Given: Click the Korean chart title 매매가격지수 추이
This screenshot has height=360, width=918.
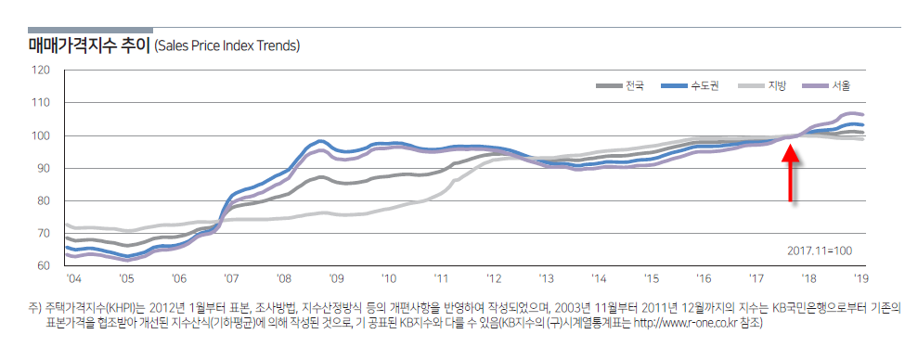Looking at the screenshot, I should click(89, 45).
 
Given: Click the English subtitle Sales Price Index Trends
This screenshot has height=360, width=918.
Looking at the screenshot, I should click(227, 45).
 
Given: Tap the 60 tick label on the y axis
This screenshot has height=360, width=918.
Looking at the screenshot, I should click(43, 266).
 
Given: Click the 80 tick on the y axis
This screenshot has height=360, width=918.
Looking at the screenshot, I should click(43, 201).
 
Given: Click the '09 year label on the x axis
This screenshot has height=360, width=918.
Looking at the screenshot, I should click(336, 277).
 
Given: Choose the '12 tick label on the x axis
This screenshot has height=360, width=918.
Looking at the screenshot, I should click(496, 277).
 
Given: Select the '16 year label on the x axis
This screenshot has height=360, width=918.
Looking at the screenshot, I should click(705, 277).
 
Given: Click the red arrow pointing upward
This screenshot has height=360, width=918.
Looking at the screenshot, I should click(790, 174).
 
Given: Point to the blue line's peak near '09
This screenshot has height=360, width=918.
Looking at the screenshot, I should click(319, 141).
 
